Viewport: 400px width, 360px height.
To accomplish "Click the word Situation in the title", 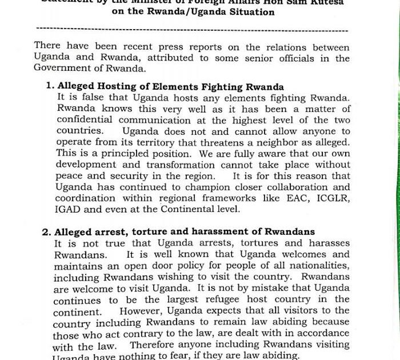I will coord(249,12).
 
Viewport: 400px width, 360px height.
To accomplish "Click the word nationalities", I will coord(313,265).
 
